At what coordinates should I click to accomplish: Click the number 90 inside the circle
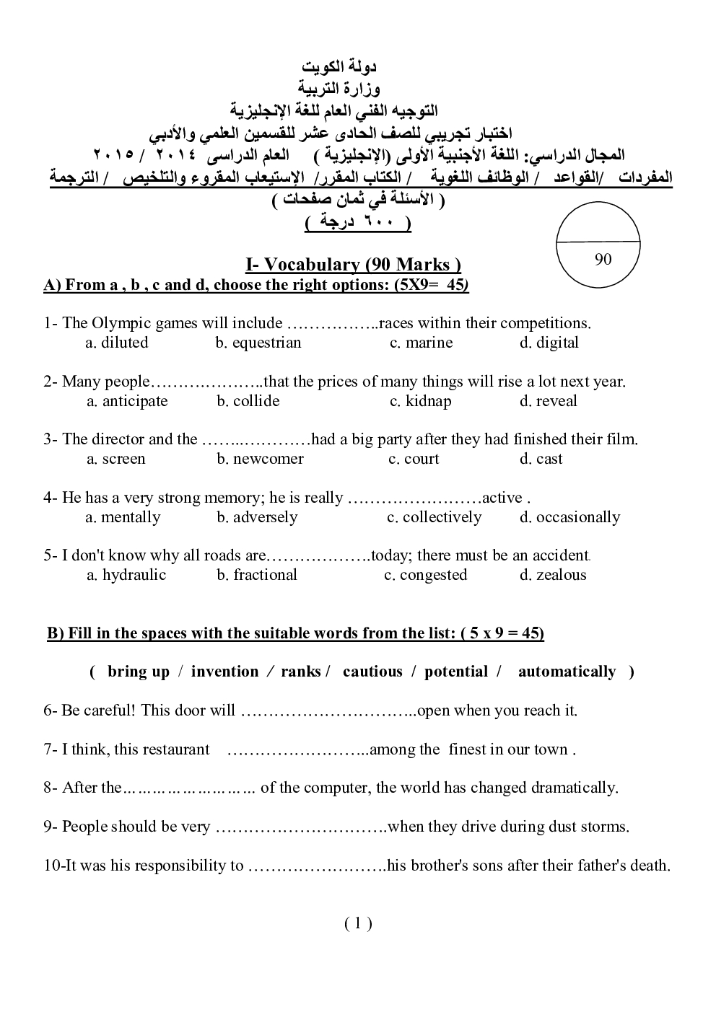(x=603, y=260)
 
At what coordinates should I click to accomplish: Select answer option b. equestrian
(x=258, y=343)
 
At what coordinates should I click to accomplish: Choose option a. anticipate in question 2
(x=127, y=401)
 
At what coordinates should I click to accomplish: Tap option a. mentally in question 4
(x=123, y=517)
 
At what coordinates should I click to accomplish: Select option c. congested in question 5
(x=425, y=575)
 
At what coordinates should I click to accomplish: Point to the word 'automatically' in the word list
(x=567, y=672)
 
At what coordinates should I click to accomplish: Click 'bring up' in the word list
(x=138, y=672)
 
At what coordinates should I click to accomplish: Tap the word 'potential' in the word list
(x=456, y=672)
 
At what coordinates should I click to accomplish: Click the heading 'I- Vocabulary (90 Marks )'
(x=353, y=265)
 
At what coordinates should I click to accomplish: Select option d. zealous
(x=552, y=575)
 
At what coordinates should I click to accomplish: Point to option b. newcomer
(x=260, y=459)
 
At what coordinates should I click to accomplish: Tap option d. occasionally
(x=569, y=517)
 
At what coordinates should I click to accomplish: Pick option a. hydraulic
(x=126, y=575)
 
